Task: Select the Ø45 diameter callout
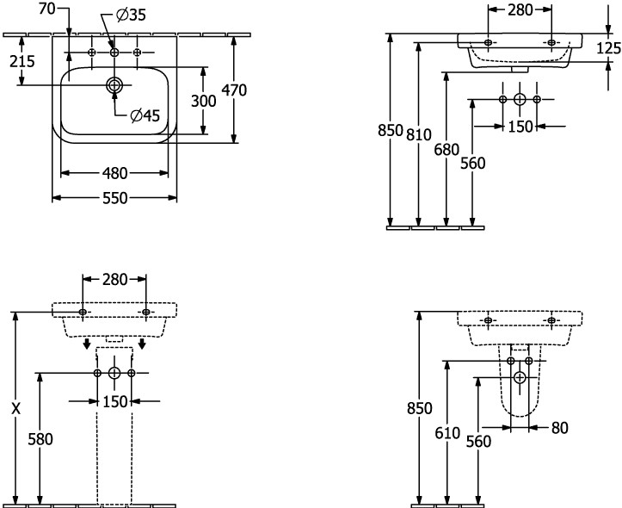[145, 116]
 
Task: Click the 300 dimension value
[203, 101]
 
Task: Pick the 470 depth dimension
[235, 89]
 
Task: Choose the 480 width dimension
[115, 172]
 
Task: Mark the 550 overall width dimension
[115, 198]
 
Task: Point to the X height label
[15, 409]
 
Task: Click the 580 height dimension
[40, 438]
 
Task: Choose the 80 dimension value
[559, 426]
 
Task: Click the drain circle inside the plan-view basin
[114, 85]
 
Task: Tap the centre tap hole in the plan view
[114, 53]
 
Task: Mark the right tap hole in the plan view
[136, 53]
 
